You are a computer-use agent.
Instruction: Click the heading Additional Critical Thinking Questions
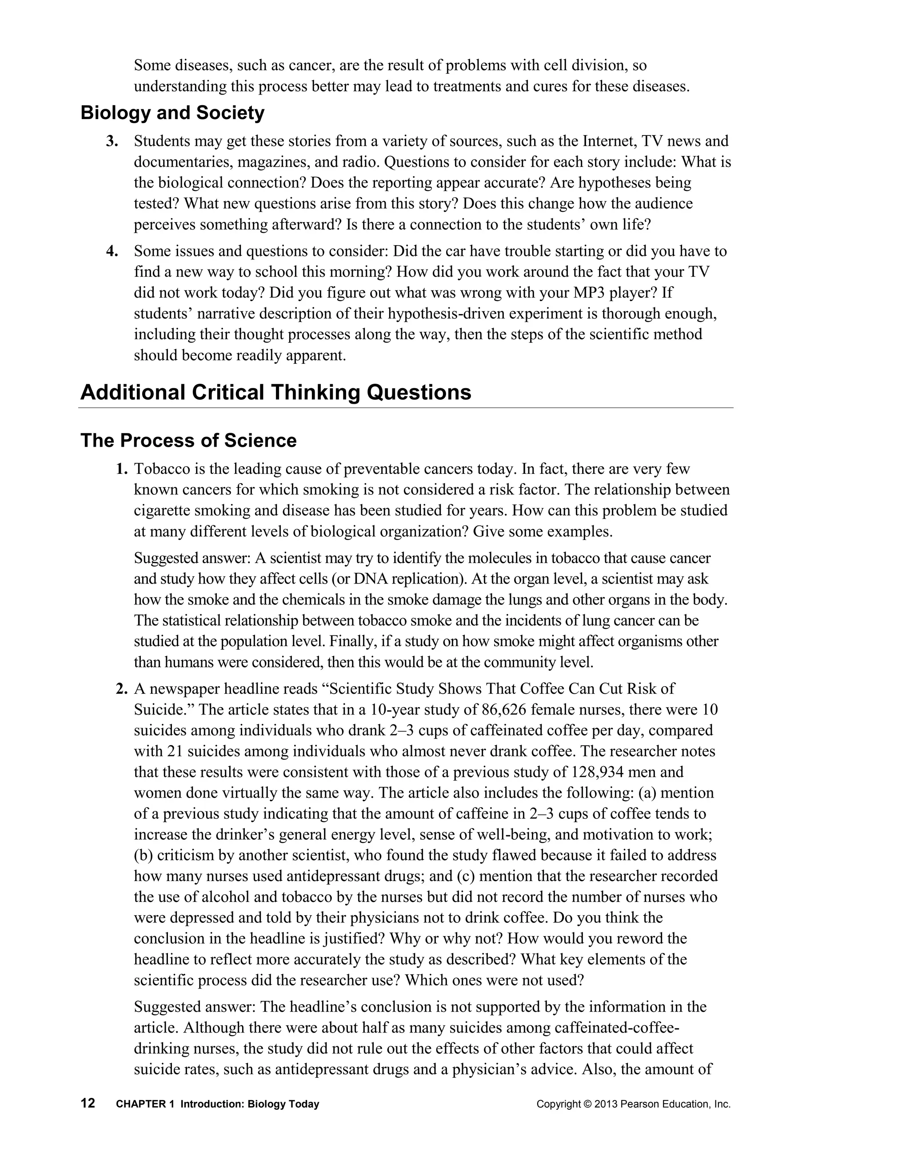[x=275, y=392]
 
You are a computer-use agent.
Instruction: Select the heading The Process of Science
[x=188, y=440]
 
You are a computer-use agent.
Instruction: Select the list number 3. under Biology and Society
[x=112, y=141]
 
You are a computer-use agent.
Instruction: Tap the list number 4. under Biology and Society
[x=112, y=251]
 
